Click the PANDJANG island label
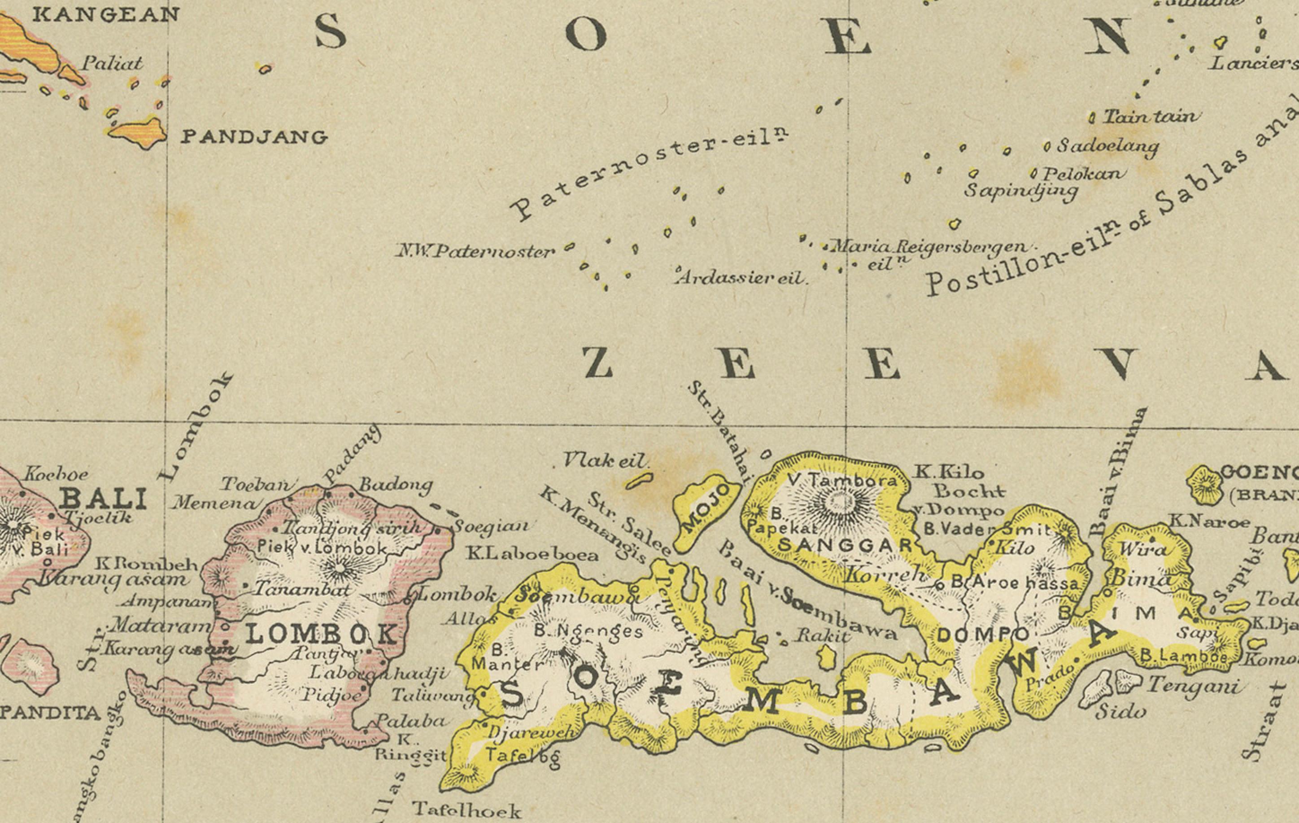click(253, 137)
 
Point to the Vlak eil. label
click(604, 460)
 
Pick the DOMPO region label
click(982, 636)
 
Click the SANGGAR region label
click(844, 545)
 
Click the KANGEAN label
click(105, 14)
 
